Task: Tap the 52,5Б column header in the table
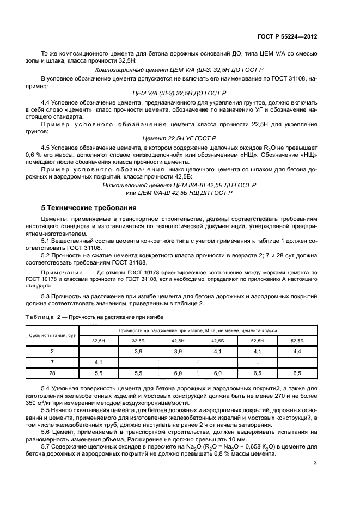[297, 341]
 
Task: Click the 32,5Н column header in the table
[99, 341]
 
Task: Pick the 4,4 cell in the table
[297, 352]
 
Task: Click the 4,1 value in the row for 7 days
[99, 362]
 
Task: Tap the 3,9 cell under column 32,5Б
[138, 352]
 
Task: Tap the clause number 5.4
[47, 387]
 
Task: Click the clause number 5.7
[47, 446]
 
